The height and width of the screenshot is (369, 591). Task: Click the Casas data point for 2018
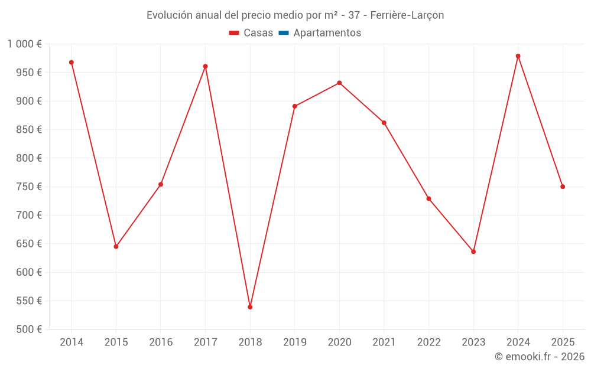click(250, 307)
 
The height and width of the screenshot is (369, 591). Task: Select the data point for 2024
click(518, 56)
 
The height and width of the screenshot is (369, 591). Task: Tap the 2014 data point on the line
click(72, 63)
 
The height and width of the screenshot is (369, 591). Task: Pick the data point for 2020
click(339, 83)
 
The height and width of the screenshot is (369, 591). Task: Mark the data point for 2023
click(473, 252)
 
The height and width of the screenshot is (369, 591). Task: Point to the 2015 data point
click(116, 246)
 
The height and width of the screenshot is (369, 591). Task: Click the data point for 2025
click(563, 187)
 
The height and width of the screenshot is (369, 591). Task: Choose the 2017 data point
click(206, 67)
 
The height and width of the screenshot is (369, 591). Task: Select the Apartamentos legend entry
click(327, 33)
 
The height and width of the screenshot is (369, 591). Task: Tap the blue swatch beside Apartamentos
click(283, 33)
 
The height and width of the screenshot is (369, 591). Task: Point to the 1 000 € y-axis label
click(25, 44)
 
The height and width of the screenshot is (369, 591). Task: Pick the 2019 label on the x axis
click(295, 342)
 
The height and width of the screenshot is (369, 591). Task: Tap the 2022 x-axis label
click(428, 342)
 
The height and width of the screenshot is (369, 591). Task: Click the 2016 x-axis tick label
click(161, 342)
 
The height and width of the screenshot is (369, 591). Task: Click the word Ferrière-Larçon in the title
click(407, 15)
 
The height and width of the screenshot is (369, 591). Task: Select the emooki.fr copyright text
click(540, 357)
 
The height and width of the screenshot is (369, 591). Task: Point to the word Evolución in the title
click(169, 15)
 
